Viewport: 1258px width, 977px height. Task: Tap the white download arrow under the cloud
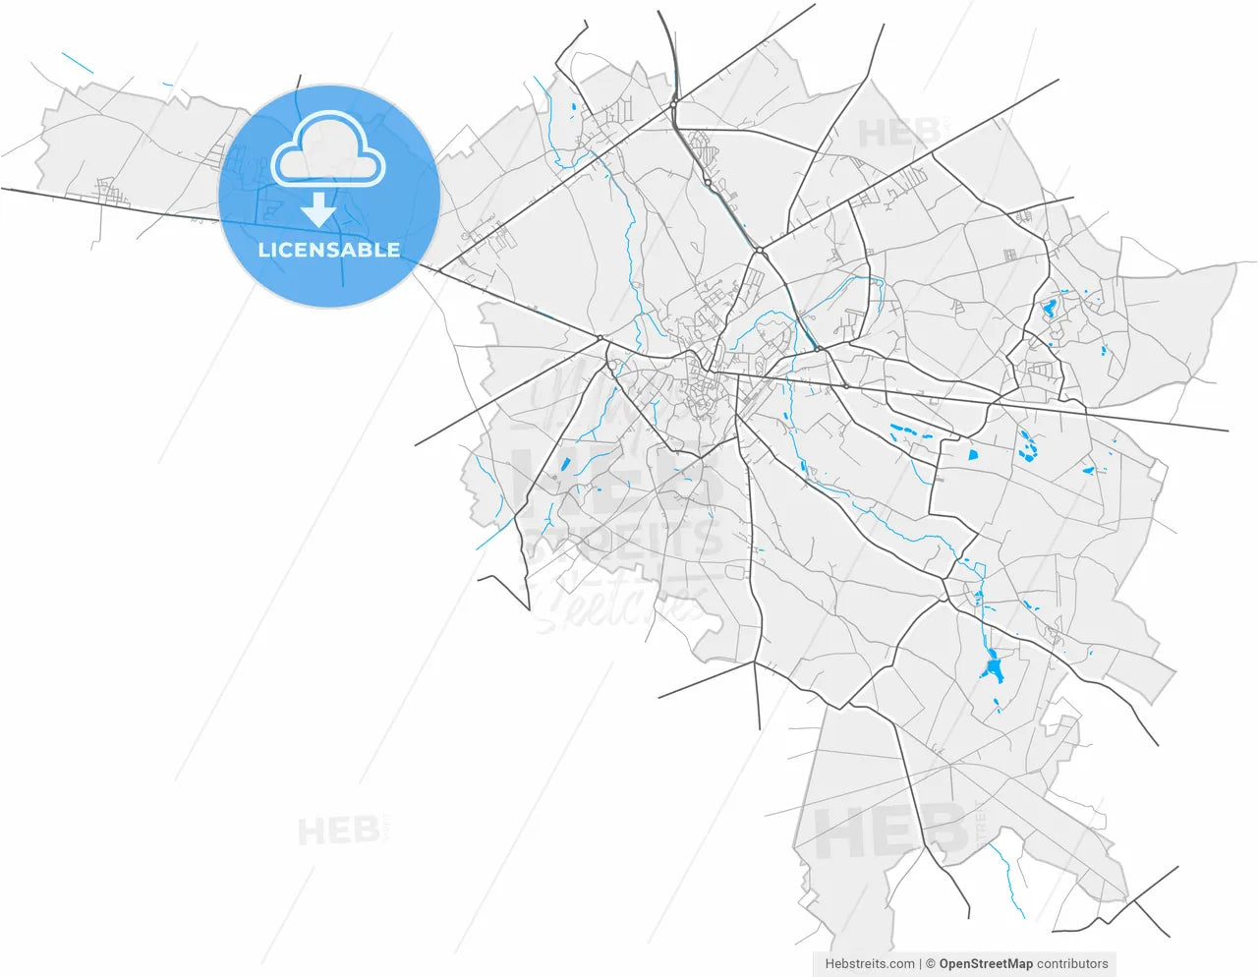coord(318,209)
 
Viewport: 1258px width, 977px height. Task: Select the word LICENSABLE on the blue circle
coord(329,250)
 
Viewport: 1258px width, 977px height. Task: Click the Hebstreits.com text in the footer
coord(870,964)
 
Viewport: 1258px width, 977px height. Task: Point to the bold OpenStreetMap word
coord(986,964)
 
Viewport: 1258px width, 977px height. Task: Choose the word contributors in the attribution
coord(1072,964)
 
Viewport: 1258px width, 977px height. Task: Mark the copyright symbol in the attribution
coord(930,964)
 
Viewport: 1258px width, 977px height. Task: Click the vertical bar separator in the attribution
coord(920,964)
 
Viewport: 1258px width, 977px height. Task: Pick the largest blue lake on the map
coord(993,670)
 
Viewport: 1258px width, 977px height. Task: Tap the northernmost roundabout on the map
coord(674,104)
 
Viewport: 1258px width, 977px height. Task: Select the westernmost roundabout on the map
coord(600,339)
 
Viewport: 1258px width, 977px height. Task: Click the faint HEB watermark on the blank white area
coord(339,832)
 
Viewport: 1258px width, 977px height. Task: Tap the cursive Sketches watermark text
coord(619,600)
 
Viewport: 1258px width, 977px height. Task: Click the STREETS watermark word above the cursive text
coord(624,539)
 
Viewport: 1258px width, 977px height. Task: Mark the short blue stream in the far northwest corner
coord(77,63)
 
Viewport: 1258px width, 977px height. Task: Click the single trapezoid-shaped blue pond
coord(973,454)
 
